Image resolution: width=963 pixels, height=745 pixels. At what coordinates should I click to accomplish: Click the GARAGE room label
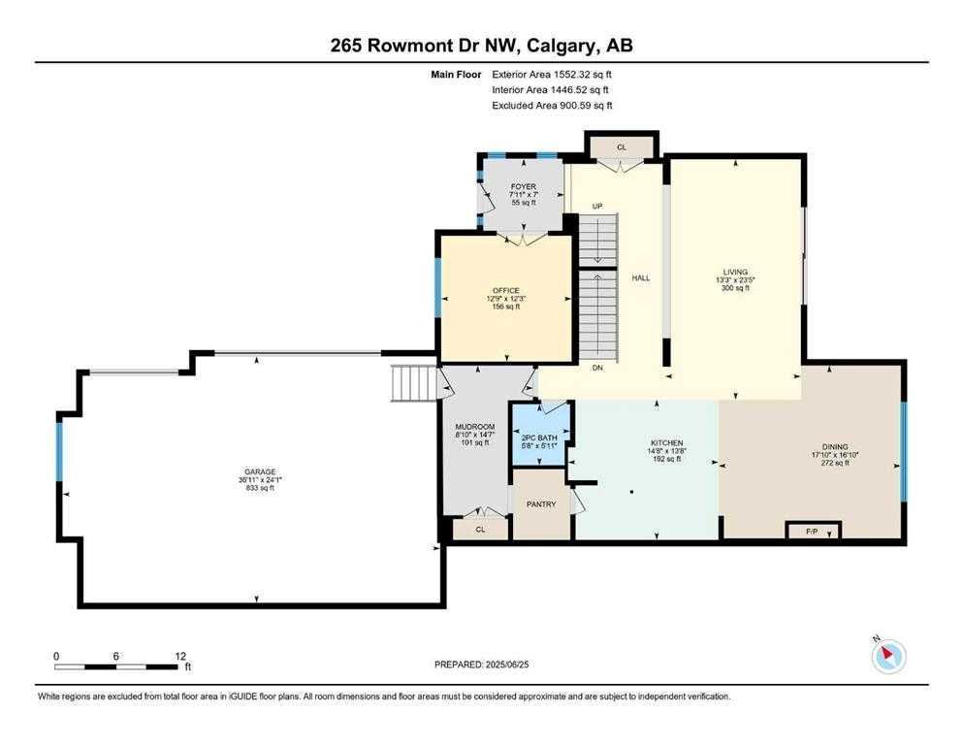coord(261,471)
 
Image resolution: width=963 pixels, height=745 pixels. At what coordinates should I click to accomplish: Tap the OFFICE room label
coord(506,290)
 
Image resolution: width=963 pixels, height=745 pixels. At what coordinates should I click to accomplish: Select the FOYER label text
coord(524,186)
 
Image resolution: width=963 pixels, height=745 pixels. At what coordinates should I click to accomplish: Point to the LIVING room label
coord(736,272)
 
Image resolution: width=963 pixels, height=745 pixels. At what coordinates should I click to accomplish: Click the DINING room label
coord(835,446)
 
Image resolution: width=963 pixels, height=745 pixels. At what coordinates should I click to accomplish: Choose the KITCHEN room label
coord(667,442)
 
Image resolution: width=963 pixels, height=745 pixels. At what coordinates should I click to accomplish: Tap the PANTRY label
coord(541,504)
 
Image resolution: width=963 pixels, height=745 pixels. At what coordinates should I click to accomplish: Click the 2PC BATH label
coord(539,437)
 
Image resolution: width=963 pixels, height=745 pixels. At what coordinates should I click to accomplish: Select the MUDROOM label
coord(475,427)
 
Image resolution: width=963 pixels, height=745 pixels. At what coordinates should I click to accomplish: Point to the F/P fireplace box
coord(813,530)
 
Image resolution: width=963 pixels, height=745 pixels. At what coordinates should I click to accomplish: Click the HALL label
coord(641,278)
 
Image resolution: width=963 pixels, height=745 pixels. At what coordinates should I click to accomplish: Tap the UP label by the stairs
coord(597,207)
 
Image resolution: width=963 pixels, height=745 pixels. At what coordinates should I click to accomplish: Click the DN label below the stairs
coord(597,368)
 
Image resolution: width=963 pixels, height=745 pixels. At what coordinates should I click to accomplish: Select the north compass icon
coord(888,656)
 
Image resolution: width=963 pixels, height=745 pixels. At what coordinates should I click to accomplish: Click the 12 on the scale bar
coord(180,656)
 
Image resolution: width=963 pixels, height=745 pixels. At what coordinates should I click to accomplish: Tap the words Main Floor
coord(457,75)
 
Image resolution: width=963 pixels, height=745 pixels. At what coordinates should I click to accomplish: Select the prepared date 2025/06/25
coord(507,664)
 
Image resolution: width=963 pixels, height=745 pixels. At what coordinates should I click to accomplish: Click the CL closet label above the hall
coord(622,147)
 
